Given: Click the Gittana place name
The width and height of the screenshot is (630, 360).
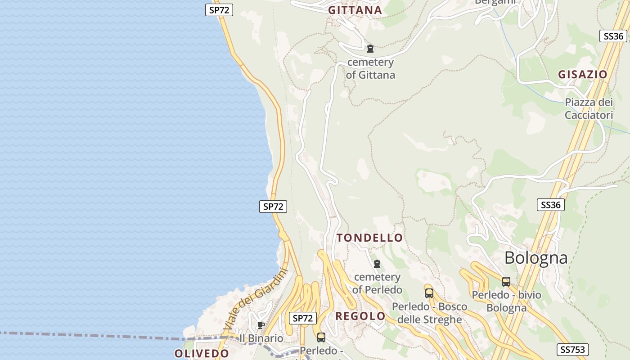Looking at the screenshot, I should point(355,10).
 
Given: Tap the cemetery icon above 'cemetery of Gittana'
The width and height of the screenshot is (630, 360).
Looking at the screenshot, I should point(370,49).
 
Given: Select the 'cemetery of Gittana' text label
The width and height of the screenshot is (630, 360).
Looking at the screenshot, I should point(370,69).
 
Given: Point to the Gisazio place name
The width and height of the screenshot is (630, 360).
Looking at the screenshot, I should point(583,75).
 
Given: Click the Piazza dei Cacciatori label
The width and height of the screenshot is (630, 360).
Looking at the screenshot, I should point(589,109).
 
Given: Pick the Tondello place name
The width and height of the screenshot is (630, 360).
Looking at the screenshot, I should point(370,238).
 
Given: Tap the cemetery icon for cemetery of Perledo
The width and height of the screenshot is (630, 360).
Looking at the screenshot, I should point(377,264).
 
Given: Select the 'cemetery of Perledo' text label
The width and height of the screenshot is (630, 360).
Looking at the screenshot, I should point(377,283).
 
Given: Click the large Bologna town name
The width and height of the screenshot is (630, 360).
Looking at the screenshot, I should point(535,258).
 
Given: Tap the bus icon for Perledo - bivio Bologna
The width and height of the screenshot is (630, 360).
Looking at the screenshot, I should point(506,282).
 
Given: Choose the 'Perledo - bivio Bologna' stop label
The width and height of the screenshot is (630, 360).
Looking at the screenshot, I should point(506,301).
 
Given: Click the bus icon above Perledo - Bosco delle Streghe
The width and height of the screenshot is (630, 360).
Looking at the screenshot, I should point(429,293).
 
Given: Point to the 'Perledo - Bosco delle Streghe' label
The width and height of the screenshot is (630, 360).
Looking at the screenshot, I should point(429,313).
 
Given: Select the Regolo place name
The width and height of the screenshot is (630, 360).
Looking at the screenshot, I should point(360,316).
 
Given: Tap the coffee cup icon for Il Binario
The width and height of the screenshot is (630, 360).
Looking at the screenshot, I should point(260,325).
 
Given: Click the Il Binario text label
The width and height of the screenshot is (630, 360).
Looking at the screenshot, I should point(261,338).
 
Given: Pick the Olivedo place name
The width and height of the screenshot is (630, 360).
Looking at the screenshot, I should point(202,353).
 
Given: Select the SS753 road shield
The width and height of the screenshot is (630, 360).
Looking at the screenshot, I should point(572,350).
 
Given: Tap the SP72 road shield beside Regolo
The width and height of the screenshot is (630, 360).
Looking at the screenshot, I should point(302,318).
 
